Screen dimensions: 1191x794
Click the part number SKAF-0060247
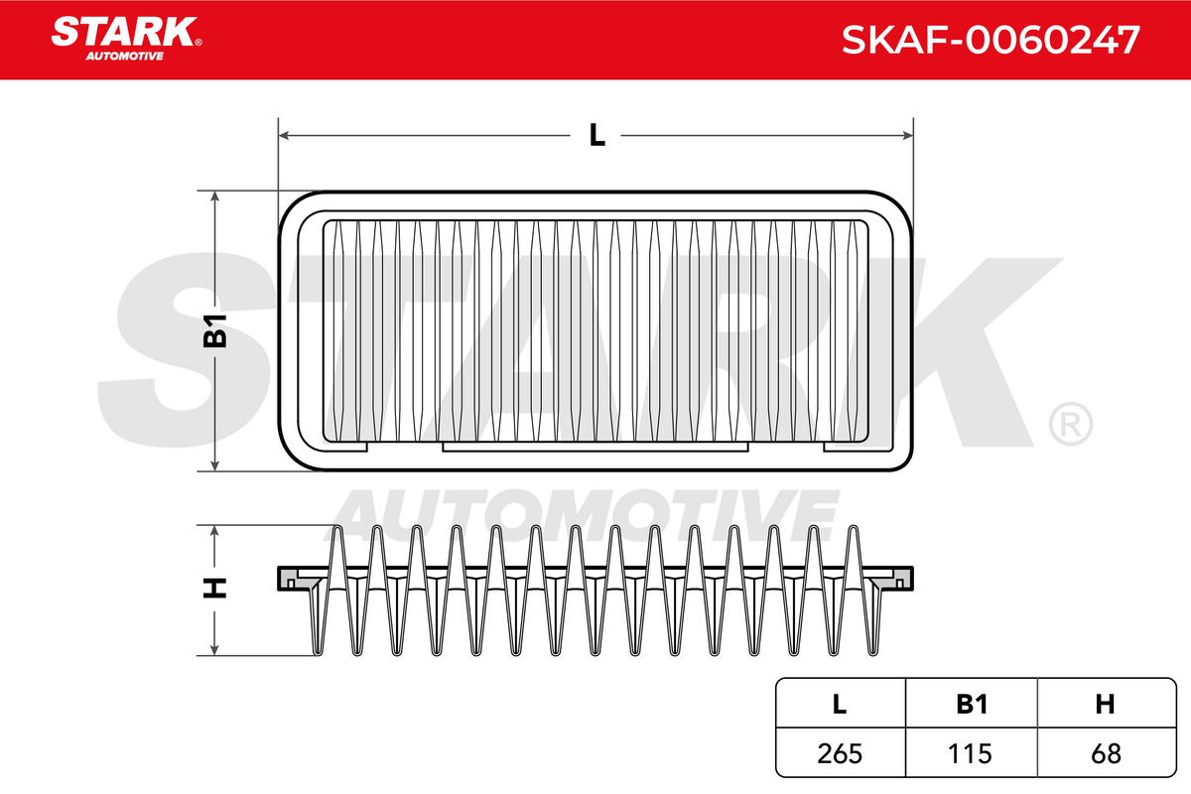click(991, 40)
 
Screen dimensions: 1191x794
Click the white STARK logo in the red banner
click(124, 32)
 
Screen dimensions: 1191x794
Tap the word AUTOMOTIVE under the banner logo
click(125, 57)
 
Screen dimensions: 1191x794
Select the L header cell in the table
click(840, 704)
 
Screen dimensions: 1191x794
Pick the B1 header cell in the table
click(972, 704)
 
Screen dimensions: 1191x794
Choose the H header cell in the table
click(1105, 704)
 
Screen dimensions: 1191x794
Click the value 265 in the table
click(840, 753)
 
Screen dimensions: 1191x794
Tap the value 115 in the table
click(971, 753)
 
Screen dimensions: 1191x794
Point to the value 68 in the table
click(1106, 753)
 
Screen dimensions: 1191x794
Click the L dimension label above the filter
click(596, 135)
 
